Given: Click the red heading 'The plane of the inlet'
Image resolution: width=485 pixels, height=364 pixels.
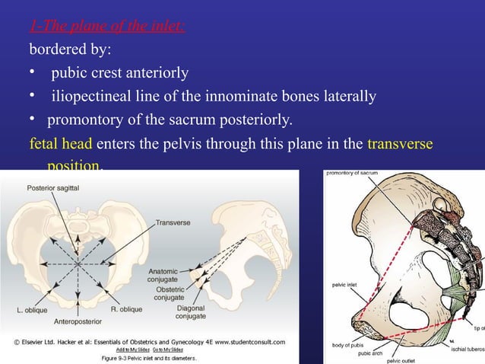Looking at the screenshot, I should [x=107, y=27].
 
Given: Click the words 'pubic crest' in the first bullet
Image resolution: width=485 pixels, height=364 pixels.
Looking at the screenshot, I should [x=90, y=74].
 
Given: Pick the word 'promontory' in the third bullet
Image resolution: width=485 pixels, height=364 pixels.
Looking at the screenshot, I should [x=85, y=120].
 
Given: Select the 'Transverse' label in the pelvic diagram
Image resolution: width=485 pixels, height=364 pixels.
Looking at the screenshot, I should [x=175, y=223].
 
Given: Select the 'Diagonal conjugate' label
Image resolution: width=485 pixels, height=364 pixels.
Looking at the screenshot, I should [x=190, y=311].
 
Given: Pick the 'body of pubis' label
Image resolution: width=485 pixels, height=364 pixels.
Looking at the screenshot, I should [x=348, y=346].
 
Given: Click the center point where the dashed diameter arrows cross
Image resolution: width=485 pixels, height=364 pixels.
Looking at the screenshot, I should [x=77, y=263].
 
